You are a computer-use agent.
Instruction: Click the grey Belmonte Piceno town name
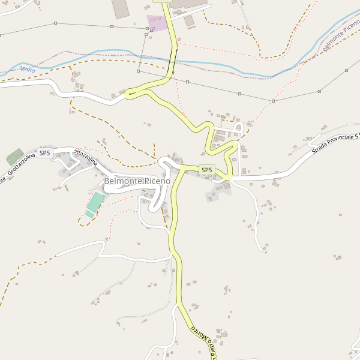click(x=137, y=181)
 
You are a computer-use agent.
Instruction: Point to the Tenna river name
click(x=28, y=70)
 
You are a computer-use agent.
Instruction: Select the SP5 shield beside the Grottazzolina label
click(x=44, y=154)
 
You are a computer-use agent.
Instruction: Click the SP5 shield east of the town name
click(x=206, y=170)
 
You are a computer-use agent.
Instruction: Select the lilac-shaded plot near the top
click(x=158, y=23)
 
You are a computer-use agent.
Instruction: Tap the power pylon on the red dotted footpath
click(x=272, y=101)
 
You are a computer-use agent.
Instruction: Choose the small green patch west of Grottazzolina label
click(x=14, y=157)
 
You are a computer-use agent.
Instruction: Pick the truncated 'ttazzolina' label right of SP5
click(x=84, y=157)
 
